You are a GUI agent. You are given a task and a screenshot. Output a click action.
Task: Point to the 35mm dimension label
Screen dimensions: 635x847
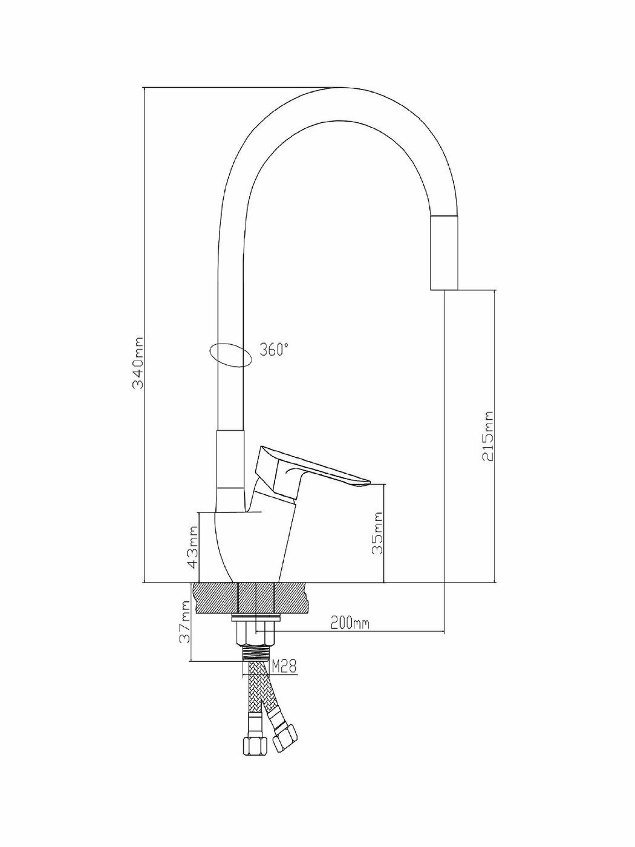pyautogui.click(x=377, y=533)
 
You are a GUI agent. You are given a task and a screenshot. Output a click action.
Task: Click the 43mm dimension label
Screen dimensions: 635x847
pyautogui.click(x=193, y=546)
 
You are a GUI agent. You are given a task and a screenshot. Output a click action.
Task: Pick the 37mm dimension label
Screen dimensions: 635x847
pyautogui.click(x=186, y=621)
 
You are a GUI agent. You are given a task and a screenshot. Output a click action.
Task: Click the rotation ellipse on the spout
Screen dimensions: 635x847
pyautogui.click(x=229, y=355)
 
